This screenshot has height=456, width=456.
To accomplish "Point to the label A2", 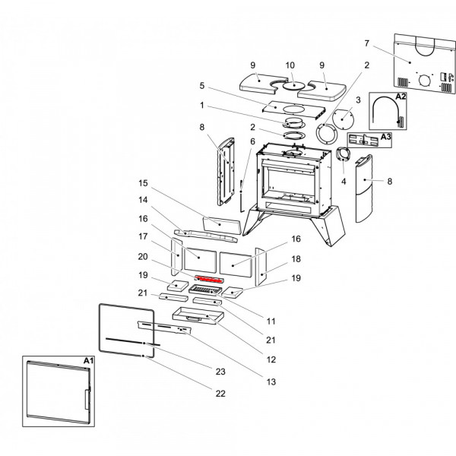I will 401,97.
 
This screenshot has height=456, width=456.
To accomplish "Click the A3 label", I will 385,137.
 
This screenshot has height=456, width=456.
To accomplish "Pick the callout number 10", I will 290,65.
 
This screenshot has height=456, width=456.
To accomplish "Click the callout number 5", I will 201,85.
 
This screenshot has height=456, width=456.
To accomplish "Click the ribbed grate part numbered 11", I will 207,290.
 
